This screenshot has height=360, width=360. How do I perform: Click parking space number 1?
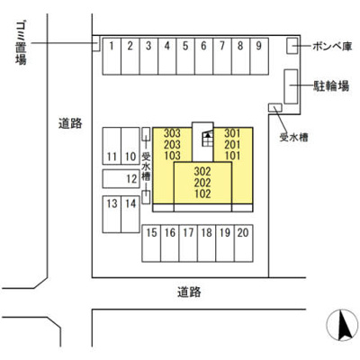tap(112, 56)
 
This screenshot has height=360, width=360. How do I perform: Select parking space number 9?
tap(259, 56)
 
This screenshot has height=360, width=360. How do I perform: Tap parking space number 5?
tap(185, 56)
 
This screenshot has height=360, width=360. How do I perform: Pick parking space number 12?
tap(121, 179)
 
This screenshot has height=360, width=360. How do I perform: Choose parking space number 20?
tap(244, 243)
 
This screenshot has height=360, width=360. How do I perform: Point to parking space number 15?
tap(151, 243)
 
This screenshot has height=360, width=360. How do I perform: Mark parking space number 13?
tap(112, 214)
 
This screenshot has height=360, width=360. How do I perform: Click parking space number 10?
tap(130, 146)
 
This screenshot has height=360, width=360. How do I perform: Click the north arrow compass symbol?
tap(342, 325)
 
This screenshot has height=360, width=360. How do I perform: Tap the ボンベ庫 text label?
tap(332, 47)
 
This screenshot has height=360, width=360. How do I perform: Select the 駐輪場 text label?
tap(331, 86)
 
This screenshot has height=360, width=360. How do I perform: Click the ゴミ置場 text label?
tap(21, 43)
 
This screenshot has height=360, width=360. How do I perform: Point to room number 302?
tap(202, 172)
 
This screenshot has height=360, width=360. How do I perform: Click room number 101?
tap(232, 156)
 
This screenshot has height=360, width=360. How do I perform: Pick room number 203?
tap(172, 145)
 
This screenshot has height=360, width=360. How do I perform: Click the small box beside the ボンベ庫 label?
tap(292, 46)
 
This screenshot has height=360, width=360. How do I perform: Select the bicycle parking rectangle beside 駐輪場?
tap(291, 86)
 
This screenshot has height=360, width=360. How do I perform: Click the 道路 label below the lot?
tap(189, 292)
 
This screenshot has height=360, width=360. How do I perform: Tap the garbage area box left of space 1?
tap(95, 43)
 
